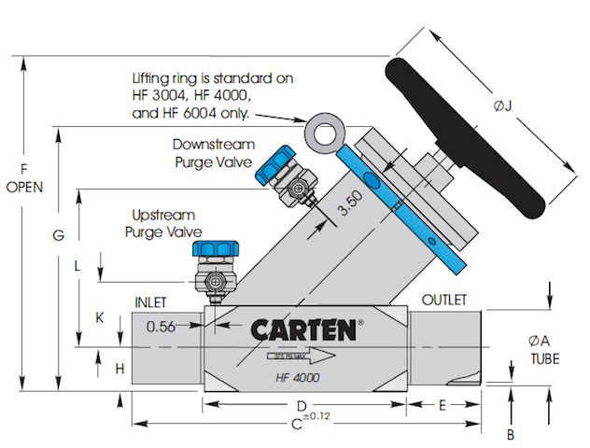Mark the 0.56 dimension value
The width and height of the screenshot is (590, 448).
click(162, 326)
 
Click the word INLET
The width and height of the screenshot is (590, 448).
click(150, 302)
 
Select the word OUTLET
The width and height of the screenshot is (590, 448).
click(444, 300)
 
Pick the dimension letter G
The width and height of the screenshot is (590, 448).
click(58, 238)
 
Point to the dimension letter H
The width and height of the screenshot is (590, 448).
click(119, 369)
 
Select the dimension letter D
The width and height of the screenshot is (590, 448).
click(302, 406)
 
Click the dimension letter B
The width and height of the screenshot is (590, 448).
click(511, 433)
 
